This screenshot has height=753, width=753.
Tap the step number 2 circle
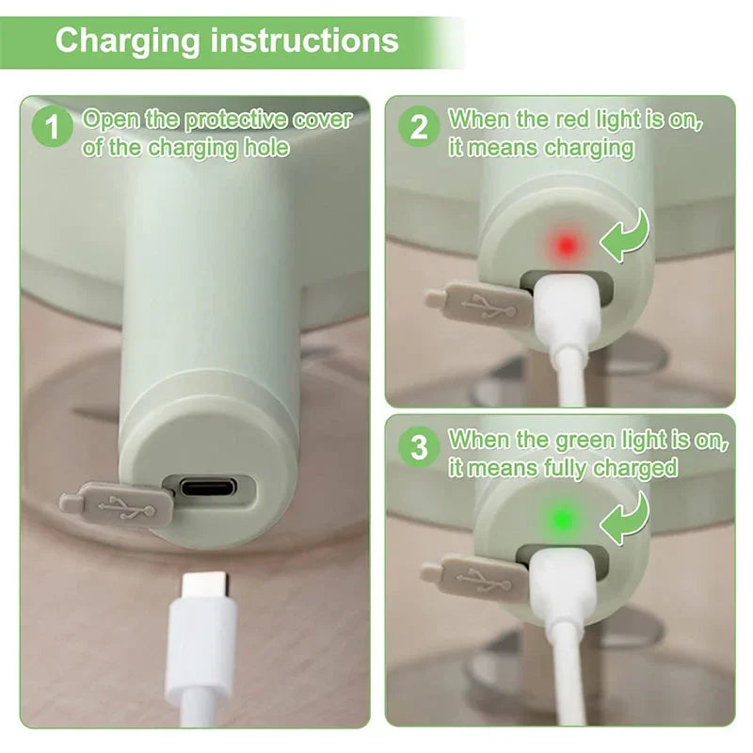[418, 126]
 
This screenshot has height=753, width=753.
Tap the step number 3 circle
[418, 446]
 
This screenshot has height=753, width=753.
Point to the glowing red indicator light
[566, 247]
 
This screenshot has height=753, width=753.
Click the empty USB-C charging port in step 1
[209, 489]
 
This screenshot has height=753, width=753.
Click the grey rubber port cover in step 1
[118, 505]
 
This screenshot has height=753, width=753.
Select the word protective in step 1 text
[235, 120]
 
